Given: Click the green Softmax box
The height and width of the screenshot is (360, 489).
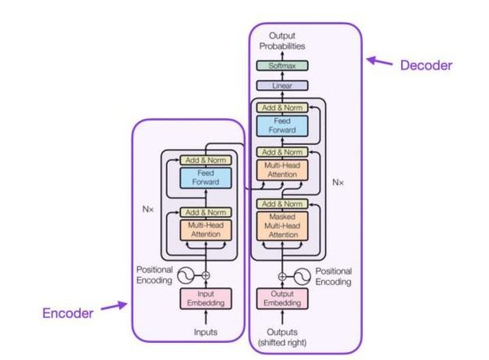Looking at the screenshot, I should tap(282, 65).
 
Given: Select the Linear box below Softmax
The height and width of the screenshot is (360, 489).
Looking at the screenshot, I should tap(282, 85).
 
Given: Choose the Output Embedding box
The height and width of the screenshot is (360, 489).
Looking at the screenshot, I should tap(282, 298).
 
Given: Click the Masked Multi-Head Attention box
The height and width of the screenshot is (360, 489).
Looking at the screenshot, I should tap(282, 226).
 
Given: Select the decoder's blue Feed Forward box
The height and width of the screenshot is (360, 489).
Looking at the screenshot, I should tap(282, 125).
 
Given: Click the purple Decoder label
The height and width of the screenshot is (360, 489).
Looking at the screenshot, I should tap(425, 64).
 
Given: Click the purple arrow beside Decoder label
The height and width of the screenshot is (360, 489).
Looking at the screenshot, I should tap(380, 61).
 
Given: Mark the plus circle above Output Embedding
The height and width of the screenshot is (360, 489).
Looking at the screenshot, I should tap(282, 274).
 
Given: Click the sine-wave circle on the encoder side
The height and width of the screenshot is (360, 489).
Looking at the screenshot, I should tap(187, 274).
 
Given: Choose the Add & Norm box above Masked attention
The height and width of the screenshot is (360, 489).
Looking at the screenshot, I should tap(282, 203).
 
